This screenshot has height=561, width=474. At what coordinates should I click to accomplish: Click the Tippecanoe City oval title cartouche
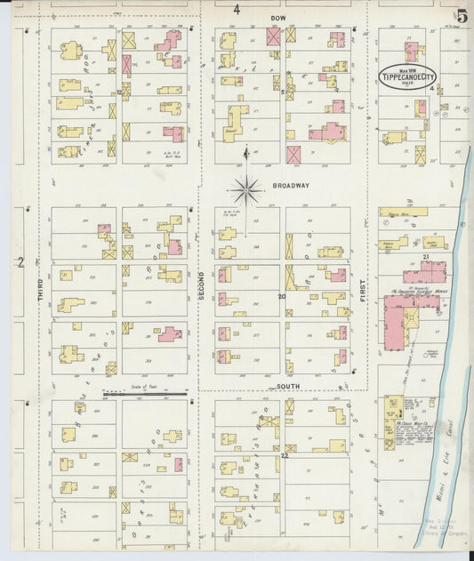point(409,76)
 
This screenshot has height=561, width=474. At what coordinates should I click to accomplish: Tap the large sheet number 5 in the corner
point(462,15)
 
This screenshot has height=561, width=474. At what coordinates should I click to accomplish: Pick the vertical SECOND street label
point(202,284)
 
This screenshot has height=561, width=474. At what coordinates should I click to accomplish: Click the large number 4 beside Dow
point(237,10)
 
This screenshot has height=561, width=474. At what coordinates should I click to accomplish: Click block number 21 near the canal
point(426,257)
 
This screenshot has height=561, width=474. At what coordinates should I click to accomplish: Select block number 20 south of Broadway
point(282,296)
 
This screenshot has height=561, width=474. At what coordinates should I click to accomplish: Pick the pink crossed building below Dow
point(273,36)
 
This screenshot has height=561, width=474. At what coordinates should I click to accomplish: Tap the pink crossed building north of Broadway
point(293,154)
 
